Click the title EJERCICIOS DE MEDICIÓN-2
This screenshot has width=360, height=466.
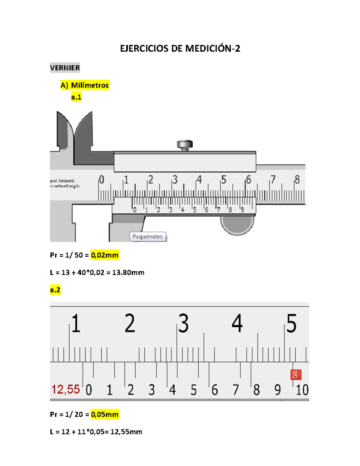click(x=180, y=48)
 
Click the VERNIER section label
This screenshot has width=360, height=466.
click(x=65, y=68)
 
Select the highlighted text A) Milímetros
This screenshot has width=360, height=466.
click(x=85, y=85)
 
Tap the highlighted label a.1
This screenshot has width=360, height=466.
click(x=76, y=97)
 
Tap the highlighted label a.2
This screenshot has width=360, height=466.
click(x=55, y=290)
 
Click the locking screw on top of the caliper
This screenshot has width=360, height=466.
click(x=185, y=144)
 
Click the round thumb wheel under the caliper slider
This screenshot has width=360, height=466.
click(x=237, y=225)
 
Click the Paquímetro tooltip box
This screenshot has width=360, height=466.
click(x=148, y=236)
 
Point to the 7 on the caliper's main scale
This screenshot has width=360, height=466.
click(x=273, y=179)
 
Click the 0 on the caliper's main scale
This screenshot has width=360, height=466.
click(x=102, y=179)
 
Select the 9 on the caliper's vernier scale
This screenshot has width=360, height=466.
click(x=242, y=210)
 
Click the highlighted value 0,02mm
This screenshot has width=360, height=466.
click(x=105, y=255)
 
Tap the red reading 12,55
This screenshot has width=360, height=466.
click(x=66, y=389)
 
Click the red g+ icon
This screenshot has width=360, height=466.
click(x=296, y=374)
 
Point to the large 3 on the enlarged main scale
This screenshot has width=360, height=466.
click(x=183, y=323)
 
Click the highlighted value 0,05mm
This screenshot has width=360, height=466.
click(x=105, y=414)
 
